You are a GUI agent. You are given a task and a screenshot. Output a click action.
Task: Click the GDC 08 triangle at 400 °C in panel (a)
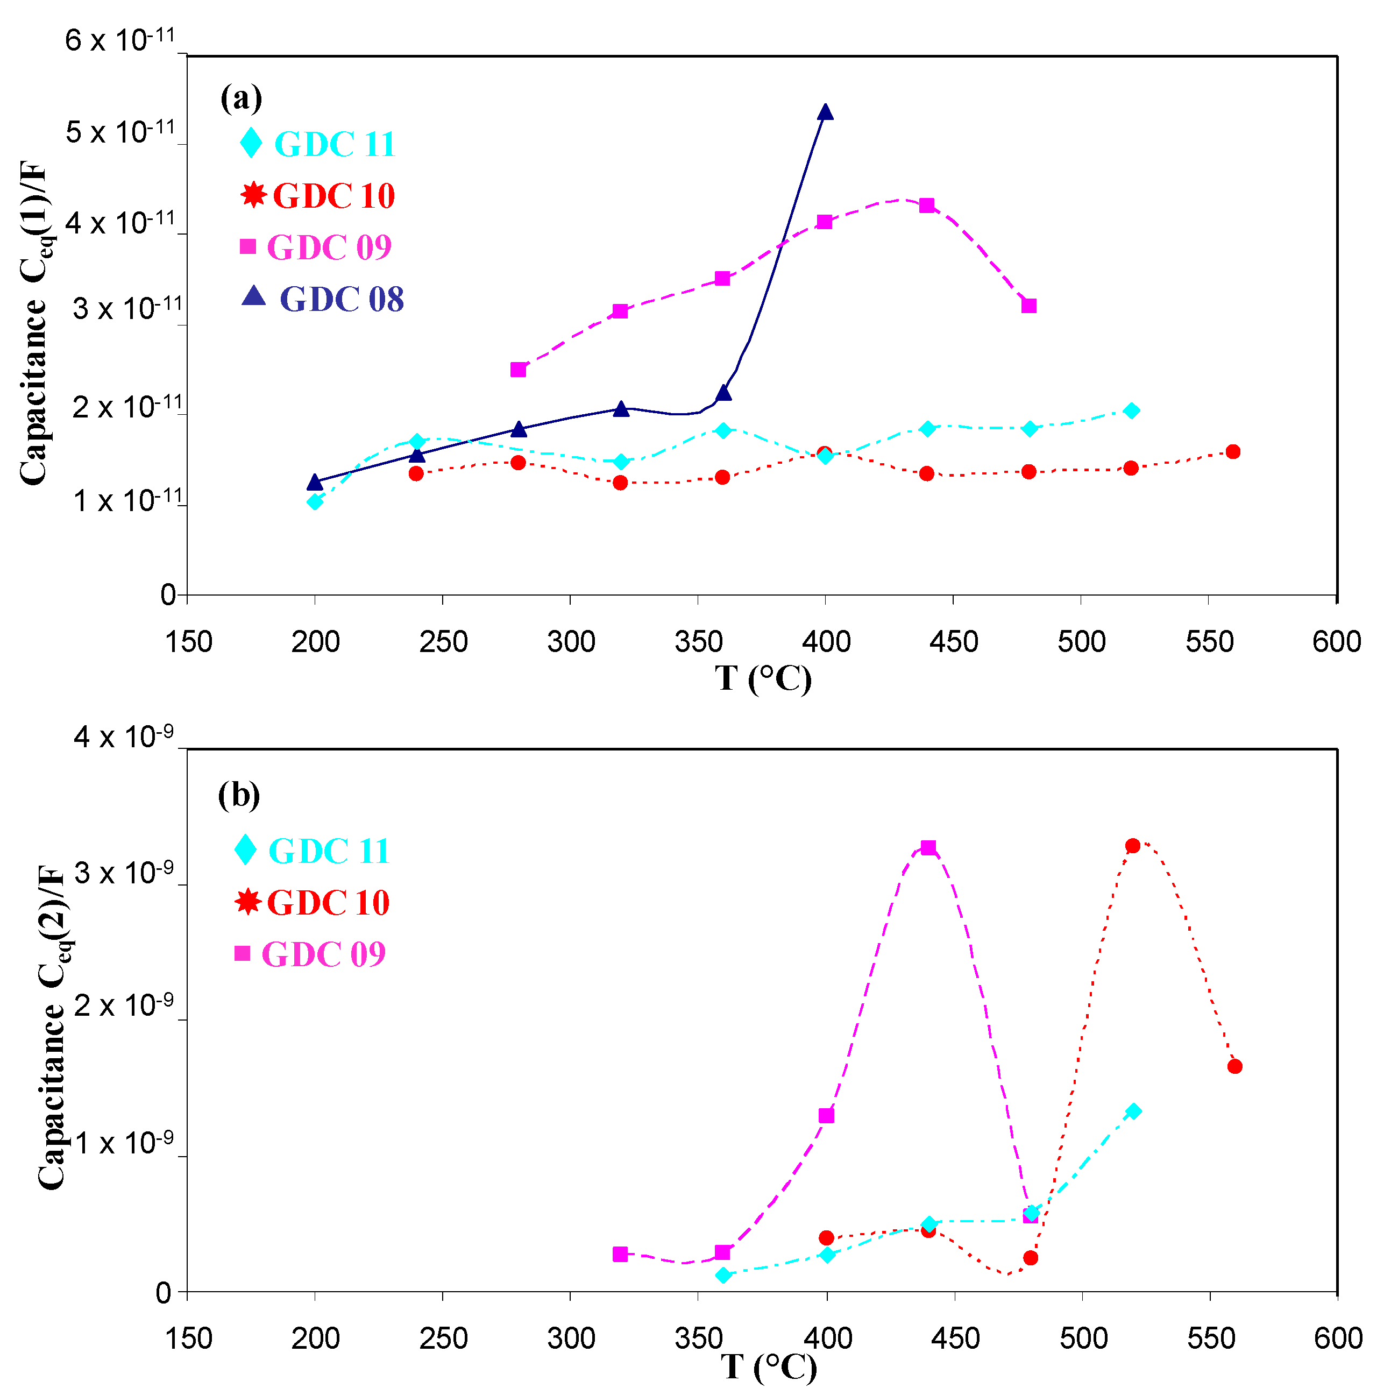[x=826, y=112]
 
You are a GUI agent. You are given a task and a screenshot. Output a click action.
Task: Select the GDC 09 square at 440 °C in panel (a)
[x=927, y=206]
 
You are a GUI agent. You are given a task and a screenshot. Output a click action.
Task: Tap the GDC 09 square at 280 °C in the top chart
[x=518, y=370]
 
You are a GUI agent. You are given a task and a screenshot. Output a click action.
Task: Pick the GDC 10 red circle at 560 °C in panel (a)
[x=1233, y=451]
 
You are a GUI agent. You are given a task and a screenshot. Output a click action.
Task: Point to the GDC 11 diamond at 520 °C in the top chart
[x=1132, y=410]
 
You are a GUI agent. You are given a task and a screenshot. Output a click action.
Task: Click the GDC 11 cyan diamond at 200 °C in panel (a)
[x=315, y=501]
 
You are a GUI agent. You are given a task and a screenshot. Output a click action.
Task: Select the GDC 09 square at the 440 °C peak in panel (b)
[x=928, y=847]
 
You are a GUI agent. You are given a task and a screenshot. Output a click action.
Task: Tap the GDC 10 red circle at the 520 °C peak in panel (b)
[x=1133, y=846]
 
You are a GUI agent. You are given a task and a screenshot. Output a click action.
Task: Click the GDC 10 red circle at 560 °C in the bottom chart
[x=1235, y=1066]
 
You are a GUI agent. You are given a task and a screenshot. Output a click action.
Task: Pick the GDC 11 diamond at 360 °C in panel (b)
[x=723, y=1276]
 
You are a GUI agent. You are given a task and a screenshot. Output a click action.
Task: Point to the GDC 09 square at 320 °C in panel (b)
[x=620, y=1255]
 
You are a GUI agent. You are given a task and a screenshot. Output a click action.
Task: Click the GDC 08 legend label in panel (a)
[x=342, y=299]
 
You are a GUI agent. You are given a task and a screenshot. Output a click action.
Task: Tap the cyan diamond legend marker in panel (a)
[x=251, y=143]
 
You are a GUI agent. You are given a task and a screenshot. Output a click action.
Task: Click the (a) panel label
[x=241, y=98]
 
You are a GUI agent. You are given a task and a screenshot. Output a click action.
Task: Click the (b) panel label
[x=239, y=795]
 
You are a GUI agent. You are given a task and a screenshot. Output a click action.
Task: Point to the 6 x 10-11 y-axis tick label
[x=120, y=40]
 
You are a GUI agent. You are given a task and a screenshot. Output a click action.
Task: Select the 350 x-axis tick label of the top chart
[x=698, y=642]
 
